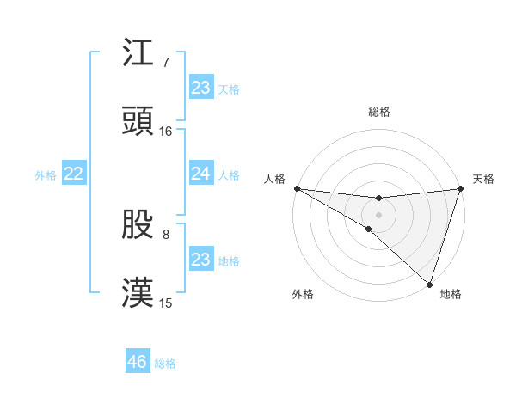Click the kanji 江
click(138, 53)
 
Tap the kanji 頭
click(138, 121)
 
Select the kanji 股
click(138, 224)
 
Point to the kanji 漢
click(138, 293)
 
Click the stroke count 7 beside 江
click(166, 63)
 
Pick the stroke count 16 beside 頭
click(166, 132)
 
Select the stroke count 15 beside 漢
click(166, 303)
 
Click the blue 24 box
click(201, 174)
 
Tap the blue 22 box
click(74, 174)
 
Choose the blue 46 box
click(138, 362)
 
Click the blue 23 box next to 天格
click(201, 87)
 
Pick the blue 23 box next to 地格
click(201, 260)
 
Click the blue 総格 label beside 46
click(165, 364)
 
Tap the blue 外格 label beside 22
click(46, 175)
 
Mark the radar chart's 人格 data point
click(297, 188)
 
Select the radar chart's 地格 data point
click(429, 285)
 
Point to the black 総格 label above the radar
click(378, 112)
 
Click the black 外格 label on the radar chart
click(303, 294)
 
